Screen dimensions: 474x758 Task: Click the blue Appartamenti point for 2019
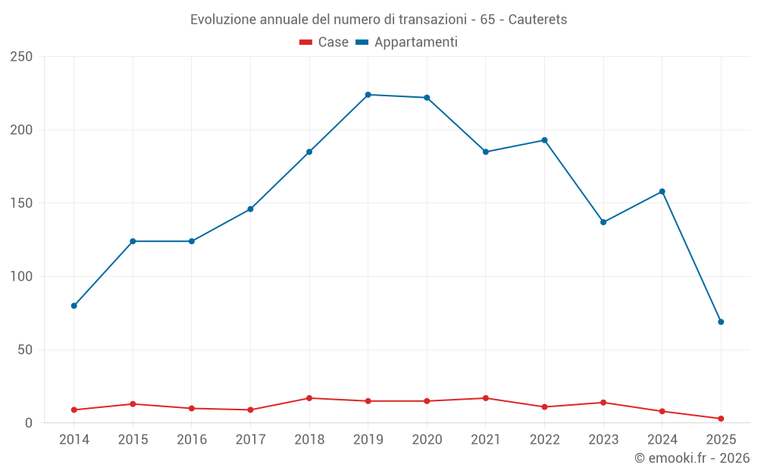(368, 95)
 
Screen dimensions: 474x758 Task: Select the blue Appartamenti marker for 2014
(74, 306)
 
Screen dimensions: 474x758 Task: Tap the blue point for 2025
(721, 322)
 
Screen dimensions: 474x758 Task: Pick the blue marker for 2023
(603, 222)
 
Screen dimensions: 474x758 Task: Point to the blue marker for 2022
(544, 140)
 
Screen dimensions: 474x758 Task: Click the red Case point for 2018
(309, 398)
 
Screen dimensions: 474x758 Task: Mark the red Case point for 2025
(721, 419)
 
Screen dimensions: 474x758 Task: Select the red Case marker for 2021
(486, 398)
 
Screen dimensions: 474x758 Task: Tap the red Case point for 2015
(133, 404)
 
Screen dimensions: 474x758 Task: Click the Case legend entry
(324, 42)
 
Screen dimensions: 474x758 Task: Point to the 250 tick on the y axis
(21, 57)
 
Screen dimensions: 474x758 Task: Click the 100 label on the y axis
(21, 277)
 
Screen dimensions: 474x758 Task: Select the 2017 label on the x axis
(250, 440)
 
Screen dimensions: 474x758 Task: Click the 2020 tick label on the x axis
(427, 440)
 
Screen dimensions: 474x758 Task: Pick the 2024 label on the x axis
(662, 440)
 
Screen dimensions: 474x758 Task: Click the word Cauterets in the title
(537, 20)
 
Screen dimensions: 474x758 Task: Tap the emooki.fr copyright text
(692, 458)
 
